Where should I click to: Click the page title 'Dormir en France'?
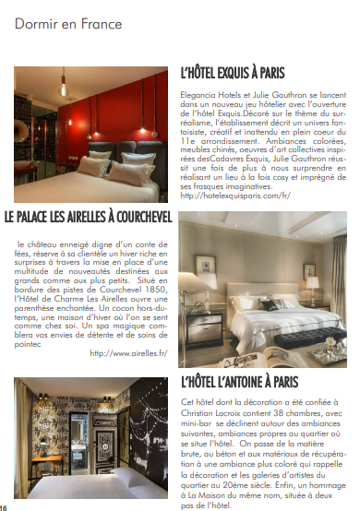click(x=54, y=24)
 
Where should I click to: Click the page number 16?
click(x=5, y=506)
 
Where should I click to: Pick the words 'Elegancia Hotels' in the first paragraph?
click(x=212, y=94)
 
